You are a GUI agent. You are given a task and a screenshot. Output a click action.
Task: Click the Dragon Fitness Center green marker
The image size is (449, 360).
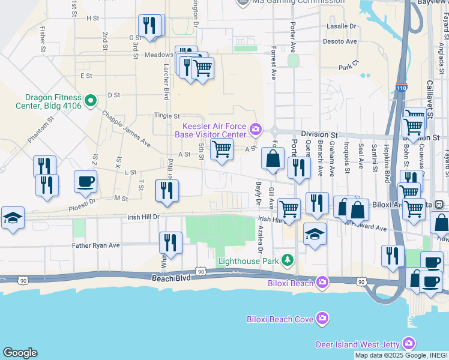click(x=90, y=100)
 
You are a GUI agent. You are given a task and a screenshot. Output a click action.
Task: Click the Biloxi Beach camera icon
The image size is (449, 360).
click(x=323, y=281)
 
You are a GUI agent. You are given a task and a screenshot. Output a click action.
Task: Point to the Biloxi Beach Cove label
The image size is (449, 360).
click(x=280, y=319)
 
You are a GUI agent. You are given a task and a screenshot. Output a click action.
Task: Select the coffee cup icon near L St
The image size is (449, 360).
click(x=85, y=181)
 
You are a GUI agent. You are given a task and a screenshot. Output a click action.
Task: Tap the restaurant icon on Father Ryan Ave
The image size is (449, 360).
click(x=170, y=243)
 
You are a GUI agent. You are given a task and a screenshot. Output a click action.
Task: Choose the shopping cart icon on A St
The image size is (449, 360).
click(x=222, y=149)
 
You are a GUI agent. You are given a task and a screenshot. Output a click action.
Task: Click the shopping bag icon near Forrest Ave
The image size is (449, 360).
click(x=273, y=159)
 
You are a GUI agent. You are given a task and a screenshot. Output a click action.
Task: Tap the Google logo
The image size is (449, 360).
click(x=20, y=353)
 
